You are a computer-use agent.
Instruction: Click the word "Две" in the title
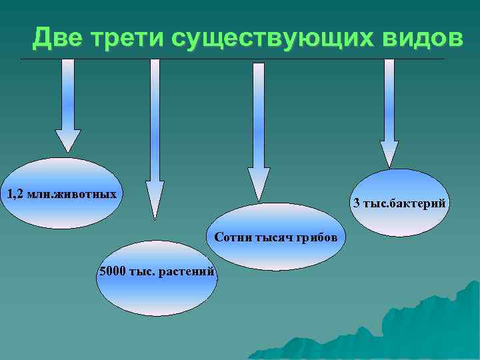point(55,39)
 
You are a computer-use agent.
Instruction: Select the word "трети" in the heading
point(125,39)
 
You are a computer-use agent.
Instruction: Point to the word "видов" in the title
point(414,39)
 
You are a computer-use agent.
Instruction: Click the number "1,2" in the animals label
point(15,195)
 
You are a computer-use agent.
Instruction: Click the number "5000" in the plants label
point(111,271)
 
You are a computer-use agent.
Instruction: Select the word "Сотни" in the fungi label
point(230,238)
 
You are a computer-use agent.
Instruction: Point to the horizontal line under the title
point(233,59)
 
